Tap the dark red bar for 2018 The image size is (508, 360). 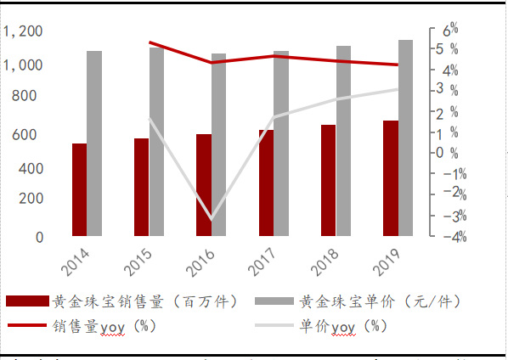[x=328, y=180]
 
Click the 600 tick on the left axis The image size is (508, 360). [x=29, y=134]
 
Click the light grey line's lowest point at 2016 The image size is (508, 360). [x=212, y=220]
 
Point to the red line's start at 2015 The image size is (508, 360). [x=150, y=42]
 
